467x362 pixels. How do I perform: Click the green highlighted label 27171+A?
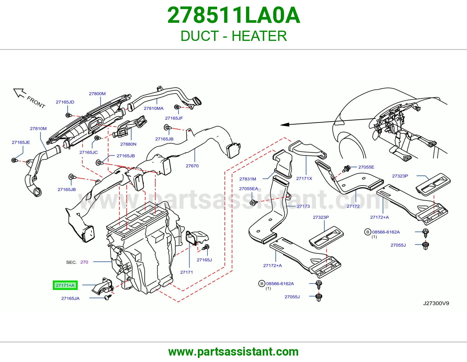point(65,285)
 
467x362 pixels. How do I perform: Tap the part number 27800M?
point(97,94)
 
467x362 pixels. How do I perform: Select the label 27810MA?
point(154,108)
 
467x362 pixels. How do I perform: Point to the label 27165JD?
point(65,102)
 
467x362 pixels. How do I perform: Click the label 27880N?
point(128,144)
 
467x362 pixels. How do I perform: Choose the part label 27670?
point(192,166)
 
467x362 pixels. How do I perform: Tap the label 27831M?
point(248,179)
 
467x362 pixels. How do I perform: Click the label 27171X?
point(304,178)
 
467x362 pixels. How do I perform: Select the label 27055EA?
point(248,189)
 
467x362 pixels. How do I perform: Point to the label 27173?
point(303,206)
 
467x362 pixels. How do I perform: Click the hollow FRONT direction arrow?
point(20,93)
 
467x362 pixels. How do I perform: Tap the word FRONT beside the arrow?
point(36,102)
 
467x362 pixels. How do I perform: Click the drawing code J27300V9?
point(436,303)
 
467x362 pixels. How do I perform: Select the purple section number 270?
point(84,262)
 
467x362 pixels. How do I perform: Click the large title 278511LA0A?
point(233,15)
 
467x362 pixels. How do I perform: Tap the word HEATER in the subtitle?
point(259,36)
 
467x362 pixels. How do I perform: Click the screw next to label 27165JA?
point(108,297)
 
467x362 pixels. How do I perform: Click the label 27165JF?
point(174,118)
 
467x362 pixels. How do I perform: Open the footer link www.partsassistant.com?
point(233,352)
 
